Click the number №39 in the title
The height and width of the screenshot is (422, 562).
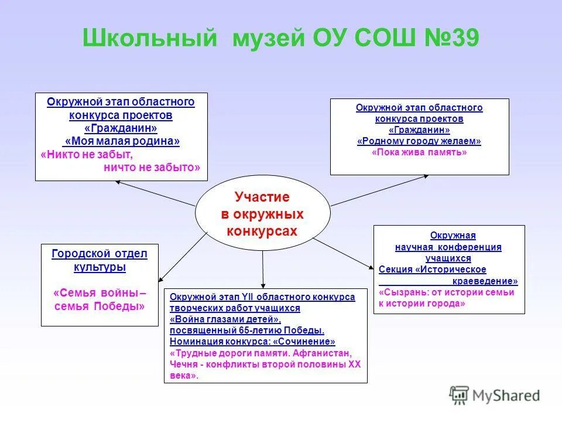click(x=452, y=38)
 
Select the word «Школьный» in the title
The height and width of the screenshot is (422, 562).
click(x=150, y=38)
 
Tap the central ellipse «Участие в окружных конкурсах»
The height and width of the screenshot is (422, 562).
click(x=263, y=213)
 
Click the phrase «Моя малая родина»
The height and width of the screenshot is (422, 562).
click(x=122, y=141)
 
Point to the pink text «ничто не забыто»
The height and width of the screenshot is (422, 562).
click(x=152, y=167)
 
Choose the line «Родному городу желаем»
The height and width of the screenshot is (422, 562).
click(x=419, y=141)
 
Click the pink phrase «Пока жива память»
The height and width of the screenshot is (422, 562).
click(x=419, y=152)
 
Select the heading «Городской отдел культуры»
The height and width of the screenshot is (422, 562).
click(x=100, y=260)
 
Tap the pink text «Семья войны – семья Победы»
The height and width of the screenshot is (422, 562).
click(x=100, y=300)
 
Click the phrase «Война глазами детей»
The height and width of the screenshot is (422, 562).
click(x=225, y=319)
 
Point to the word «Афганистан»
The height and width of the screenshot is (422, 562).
click(x=322, y=353)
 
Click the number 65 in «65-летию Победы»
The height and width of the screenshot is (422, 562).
click(x=244, y=330)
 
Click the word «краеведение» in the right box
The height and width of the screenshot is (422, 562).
click(x=485, y=281)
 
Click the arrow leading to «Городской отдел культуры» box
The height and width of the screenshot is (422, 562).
click(x=183, y=257)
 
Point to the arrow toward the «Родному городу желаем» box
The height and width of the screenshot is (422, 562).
click(x=379, y=190)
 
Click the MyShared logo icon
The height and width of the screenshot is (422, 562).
click(x=459, y=396)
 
